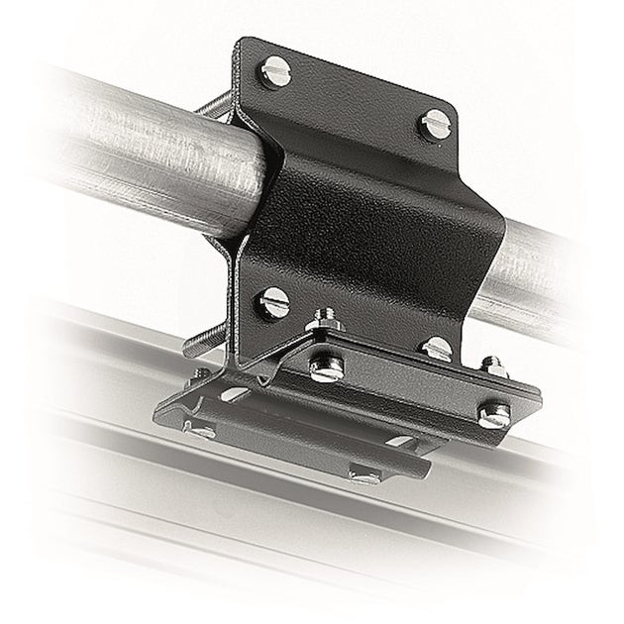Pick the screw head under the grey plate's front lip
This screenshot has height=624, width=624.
364,478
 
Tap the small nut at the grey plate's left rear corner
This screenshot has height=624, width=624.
203,374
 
